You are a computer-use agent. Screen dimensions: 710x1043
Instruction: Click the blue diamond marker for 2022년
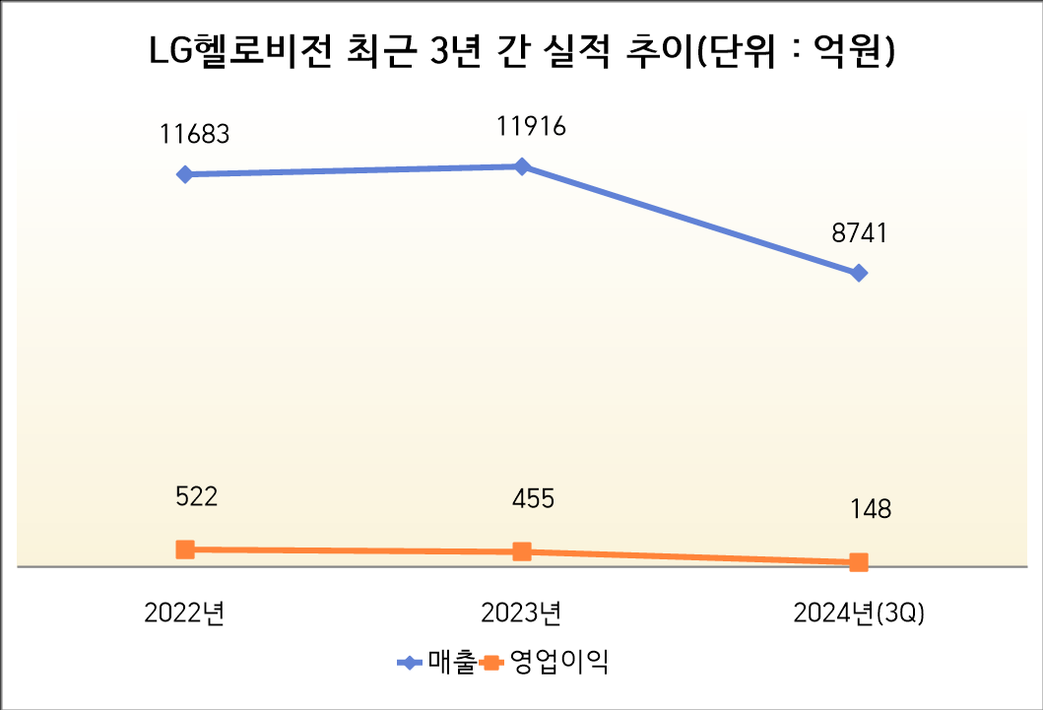click(184, 174)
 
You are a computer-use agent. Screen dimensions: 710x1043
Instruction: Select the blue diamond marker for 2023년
click(522, 166)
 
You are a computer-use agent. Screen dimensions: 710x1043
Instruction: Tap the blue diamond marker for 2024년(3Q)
click(859, 273)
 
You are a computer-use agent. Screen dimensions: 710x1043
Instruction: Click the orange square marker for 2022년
click(184, 549)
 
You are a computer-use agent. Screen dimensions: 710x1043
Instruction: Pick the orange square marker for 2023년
click(522, 551)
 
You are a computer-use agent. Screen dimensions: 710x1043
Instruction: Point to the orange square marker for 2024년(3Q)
click(859, 562)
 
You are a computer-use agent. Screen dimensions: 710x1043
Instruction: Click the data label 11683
click(195, 134)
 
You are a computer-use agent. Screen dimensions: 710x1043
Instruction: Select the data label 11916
click(532, 127)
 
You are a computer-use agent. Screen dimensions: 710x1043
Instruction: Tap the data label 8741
click(859, 233)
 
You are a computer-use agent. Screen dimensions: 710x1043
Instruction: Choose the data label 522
click(195, 496)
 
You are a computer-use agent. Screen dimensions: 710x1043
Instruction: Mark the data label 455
click(532, 498)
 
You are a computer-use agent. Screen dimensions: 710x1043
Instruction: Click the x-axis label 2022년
click(184, 613)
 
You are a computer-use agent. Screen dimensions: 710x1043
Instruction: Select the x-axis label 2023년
click(522, 613)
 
